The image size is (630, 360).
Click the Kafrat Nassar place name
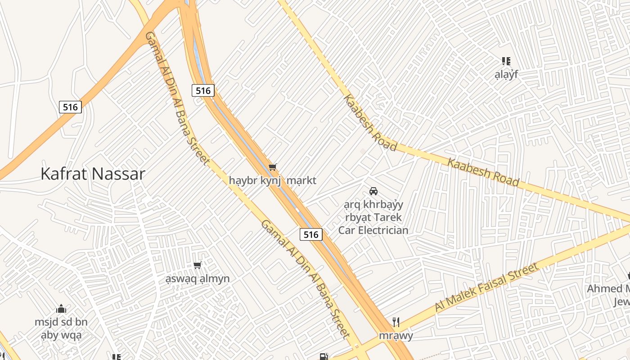tap(93, 174)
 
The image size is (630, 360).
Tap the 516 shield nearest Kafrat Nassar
tap(70, 107)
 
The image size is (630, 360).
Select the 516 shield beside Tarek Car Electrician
tap(311, 234)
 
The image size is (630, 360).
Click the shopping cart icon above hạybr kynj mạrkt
tap(272, 167)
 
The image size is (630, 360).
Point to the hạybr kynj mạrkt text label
tap(272, 180)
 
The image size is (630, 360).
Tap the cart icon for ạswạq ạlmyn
tap(197, 265)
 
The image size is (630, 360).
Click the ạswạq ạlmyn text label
tap(197, 279)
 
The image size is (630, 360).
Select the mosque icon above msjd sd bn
tap(61, 309)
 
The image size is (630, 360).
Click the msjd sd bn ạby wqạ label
tap(61, 328)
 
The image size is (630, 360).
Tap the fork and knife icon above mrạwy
tap(396, 322)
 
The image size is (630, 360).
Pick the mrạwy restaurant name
tap(396, 335)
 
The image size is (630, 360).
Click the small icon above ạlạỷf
tap(506, 61)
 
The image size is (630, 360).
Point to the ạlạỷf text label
tap(506, 74)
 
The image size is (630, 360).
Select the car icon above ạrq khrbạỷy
tap(373, 191)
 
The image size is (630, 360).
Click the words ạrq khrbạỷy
tap(373, 205)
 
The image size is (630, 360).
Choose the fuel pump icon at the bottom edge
tap(323, 357)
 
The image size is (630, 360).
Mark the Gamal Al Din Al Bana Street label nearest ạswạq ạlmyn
tap(305, 279)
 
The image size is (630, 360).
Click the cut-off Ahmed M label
tap(608, 288)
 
